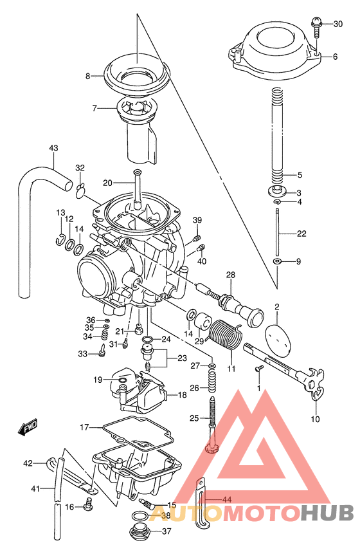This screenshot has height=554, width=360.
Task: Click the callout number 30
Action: coord(337,24)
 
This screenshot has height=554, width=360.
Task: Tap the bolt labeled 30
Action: coord(316,25)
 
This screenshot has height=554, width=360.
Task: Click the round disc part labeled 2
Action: coord(277,336)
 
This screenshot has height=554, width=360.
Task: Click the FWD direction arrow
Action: coord(27,427)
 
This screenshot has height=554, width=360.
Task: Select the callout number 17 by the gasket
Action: coord(84,427)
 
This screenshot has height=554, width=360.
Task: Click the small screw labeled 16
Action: coord(87,507)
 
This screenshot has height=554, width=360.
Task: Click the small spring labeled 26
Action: coord(212,387)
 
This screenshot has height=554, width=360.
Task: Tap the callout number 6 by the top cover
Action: coord(334,57)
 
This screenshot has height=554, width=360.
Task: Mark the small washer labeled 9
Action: coord(277,262)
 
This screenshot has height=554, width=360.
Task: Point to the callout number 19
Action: coord(97,380)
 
